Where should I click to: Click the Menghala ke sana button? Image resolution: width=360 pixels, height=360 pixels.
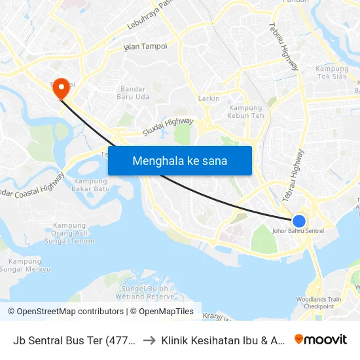point(179,160)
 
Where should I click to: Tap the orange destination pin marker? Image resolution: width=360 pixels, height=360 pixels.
point(62,88)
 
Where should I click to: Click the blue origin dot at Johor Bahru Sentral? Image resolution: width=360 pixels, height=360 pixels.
point(299,221)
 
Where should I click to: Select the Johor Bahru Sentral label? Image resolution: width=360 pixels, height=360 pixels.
point(297,231)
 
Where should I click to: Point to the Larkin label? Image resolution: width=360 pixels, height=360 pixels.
point(209,98)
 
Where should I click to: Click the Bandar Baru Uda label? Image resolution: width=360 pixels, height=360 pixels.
point(135,93)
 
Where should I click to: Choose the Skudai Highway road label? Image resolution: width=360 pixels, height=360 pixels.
point(168,126)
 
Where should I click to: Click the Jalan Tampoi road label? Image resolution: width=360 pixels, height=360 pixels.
point(145,47)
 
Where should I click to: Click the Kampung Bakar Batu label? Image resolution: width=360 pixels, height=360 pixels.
point(90,185)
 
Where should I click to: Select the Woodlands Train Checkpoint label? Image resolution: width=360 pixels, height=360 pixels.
point(319,302)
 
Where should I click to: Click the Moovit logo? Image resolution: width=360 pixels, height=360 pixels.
point(321,339)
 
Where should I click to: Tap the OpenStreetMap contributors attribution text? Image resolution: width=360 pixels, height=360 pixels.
point(65,312)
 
